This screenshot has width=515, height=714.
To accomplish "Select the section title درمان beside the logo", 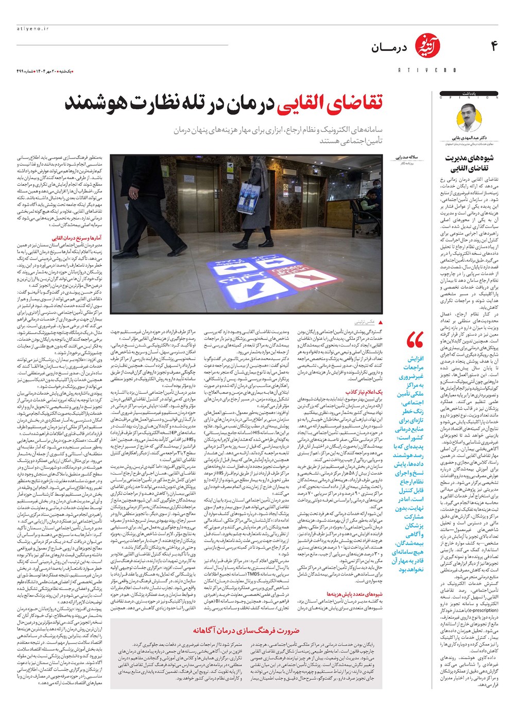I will pos(389,48).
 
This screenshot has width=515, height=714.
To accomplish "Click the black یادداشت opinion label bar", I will pos(469,94).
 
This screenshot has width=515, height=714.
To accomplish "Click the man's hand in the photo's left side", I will pos(133,193).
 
